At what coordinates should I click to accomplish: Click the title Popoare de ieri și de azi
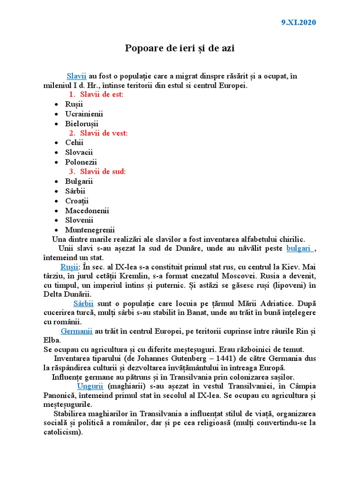pos(180,48)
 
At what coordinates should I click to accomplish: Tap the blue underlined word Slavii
pos(76,75)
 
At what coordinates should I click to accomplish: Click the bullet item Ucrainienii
pos(84,114)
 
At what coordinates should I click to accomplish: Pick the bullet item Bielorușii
pos(82,124)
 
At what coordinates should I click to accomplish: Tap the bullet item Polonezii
pos(81,162)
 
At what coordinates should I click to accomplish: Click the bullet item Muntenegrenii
pos(90,230)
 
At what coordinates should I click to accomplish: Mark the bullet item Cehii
pos(75,143)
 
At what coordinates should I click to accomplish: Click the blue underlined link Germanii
pos(76,331)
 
